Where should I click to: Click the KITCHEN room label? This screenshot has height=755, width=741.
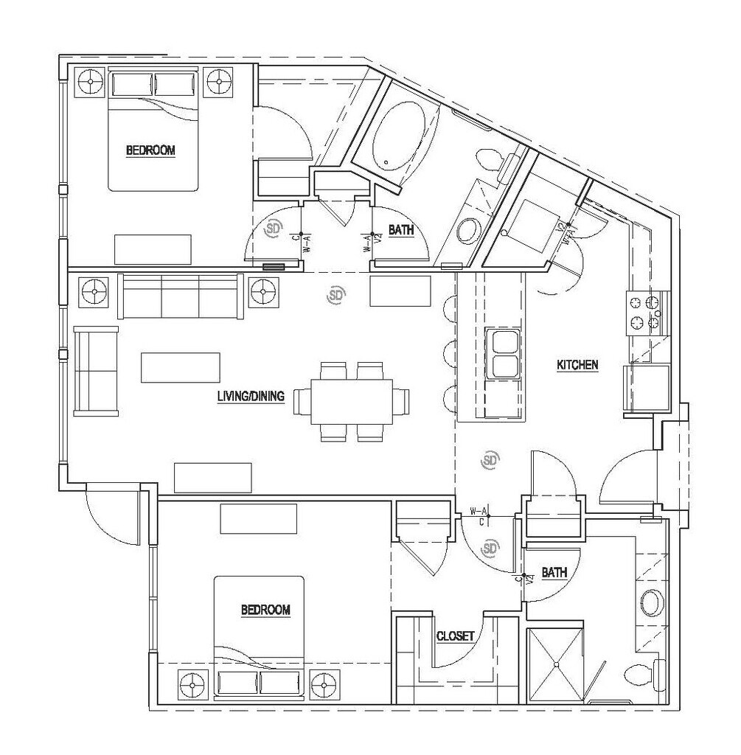pos(577,364)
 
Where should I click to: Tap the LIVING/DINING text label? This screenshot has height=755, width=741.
pos(251,396)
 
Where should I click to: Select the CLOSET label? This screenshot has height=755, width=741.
pos(455,636)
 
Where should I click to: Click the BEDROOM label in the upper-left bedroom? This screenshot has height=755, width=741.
pos(150,150)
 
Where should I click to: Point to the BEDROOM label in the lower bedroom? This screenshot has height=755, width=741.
pos(265,610)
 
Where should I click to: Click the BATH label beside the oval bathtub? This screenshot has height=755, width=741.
pos(401,231)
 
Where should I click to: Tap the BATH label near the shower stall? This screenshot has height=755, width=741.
pos(554,572)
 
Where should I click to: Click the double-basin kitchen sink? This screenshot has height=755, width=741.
pos(504,354)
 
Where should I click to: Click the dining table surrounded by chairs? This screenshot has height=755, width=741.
pos(351,402)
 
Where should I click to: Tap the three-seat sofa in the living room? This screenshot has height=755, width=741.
pos(181,296)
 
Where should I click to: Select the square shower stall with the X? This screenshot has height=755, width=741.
pos(557,663)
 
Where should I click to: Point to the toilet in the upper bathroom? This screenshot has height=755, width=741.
pos(493,159)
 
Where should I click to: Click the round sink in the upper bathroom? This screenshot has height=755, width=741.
pos(467,231)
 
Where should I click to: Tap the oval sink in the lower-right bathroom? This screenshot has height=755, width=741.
pos(651,602)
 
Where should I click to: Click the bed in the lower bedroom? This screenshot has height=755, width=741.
pos(260,638)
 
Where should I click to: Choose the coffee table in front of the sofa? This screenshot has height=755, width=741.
pos(180,367)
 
